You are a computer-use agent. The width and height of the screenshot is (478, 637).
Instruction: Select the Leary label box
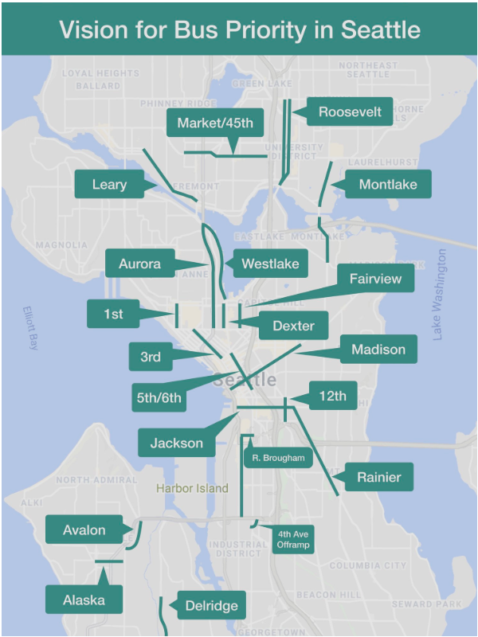(109, 185)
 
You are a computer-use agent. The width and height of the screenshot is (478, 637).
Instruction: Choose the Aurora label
(139, 264)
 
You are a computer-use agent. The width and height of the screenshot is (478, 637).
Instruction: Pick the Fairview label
(375, 279)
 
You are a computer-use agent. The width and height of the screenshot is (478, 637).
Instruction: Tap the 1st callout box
(113, 314)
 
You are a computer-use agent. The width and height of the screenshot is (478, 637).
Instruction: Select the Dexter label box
(293, 326)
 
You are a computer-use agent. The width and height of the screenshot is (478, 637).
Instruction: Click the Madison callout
(378, 350)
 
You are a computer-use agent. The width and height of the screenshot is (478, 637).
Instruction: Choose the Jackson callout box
(177, 443)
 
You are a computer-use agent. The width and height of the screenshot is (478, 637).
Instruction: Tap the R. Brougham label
(278, 458)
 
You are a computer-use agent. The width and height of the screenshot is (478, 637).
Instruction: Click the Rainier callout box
(378, 477)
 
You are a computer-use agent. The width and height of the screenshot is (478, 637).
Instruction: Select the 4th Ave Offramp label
(292, 541)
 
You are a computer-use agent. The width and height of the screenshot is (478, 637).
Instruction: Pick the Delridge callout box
(211, 606)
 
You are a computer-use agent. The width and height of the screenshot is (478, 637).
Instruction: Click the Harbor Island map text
(192, 488)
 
